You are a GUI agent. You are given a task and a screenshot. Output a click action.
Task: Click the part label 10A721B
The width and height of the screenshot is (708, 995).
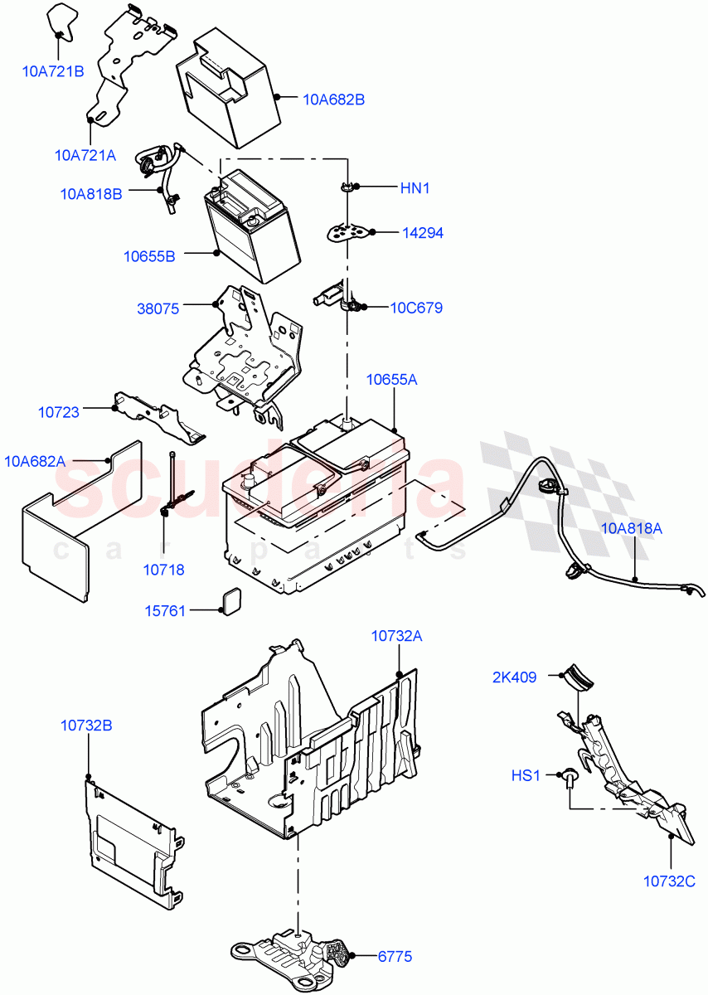52,71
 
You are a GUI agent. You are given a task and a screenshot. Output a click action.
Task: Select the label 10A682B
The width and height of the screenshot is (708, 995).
333,99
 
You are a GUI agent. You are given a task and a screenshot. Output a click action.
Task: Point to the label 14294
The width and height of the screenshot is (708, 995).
423,233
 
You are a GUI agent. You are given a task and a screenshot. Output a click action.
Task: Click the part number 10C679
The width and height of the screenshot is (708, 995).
416,308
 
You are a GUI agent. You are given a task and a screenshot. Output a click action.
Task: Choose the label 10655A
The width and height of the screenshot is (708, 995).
391,380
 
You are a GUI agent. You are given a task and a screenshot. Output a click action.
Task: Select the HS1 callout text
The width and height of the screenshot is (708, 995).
525,776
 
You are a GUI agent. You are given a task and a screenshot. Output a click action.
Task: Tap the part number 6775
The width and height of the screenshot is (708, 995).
395,957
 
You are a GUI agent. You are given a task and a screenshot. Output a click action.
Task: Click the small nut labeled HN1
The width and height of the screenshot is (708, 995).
347,188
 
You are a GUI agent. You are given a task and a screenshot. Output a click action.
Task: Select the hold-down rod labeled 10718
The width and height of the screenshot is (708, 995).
171,489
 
